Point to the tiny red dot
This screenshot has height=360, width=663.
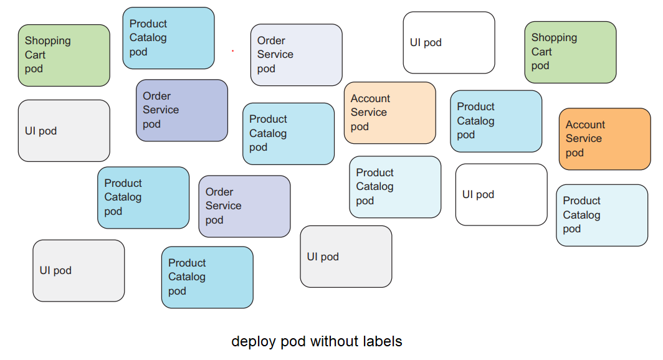pyautogui.click(x=232, y=51)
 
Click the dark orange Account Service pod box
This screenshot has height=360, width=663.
pyautogui.click(x=604, y=139)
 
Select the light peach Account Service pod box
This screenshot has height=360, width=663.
pyautogui.click(x=389, y=113)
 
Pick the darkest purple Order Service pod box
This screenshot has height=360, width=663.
pyautogui.click(x=182, y=110)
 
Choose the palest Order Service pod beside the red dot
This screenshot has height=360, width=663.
pyautogui.click(x=296, y=55)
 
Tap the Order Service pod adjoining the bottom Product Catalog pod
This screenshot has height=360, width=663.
pyautogui.click(x=244, y=206)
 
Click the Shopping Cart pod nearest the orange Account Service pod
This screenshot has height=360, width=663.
pyautogui.click(x=570, y=52)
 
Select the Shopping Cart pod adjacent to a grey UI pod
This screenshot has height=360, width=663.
pyautogui.click(x=64, y=55)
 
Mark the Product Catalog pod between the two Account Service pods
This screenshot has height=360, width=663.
pyautogui.click(x=496, y=121)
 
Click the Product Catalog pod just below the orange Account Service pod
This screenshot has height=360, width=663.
pyautogui.click(x=601, y=215)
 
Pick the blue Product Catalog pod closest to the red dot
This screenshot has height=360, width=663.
pyautogui.click(x=168, y=38)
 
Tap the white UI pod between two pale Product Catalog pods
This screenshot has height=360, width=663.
pyautogui.click(x=501, y=194)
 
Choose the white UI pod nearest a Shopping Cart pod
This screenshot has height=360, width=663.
pyautogui.click(x=449, y=42)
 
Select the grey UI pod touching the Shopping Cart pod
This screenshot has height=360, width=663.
pyautogui.click(x=64, y=131)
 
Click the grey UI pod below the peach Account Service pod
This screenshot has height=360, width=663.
pyautogui.click(x=346, y=257)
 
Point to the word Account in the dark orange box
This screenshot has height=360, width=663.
pyautogui.click(x=585, y=125)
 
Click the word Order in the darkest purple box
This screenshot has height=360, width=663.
pyautogui.click(x=156, y=96)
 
